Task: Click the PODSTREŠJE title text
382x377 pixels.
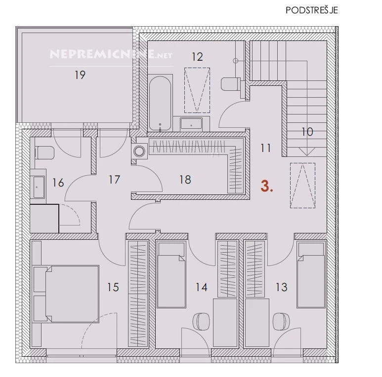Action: (x=312, y=10)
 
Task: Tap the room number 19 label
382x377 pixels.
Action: (x=80, y=75)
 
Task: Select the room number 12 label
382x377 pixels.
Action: (x=197, y=57)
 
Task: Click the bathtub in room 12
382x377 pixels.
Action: (x=160, y=103)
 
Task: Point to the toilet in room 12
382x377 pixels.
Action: (x=230, y=84)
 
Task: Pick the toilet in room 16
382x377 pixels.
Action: (x=44, y=153)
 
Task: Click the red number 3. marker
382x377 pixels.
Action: (x=267, y=187)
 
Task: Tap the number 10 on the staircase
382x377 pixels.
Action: (x=307, y=132)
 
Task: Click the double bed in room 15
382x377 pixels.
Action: (x=66, y=294)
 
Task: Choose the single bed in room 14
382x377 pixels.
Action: (x=171, y=274)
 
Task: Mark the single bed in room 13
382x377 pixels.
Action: (x=311, y=274)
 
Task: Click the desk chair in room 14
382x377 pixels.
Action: (x=201, y=322)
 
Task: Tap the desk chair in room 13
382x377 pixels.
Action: (x=281, y=322)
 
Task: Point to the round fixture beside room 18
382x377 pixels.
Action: (x=139, y=151)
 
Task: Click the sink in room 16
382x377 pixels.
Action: (x=38, y=187)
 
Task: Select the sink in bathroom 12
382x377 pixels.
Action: (x=191, y=124)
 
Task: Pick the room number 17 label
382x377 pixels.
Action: (x=114, y=180)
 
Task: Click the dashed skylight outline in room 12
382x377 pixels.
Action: (x=197, y=90)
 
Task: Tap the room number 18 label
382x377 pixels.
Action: (x=185, y=180)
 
